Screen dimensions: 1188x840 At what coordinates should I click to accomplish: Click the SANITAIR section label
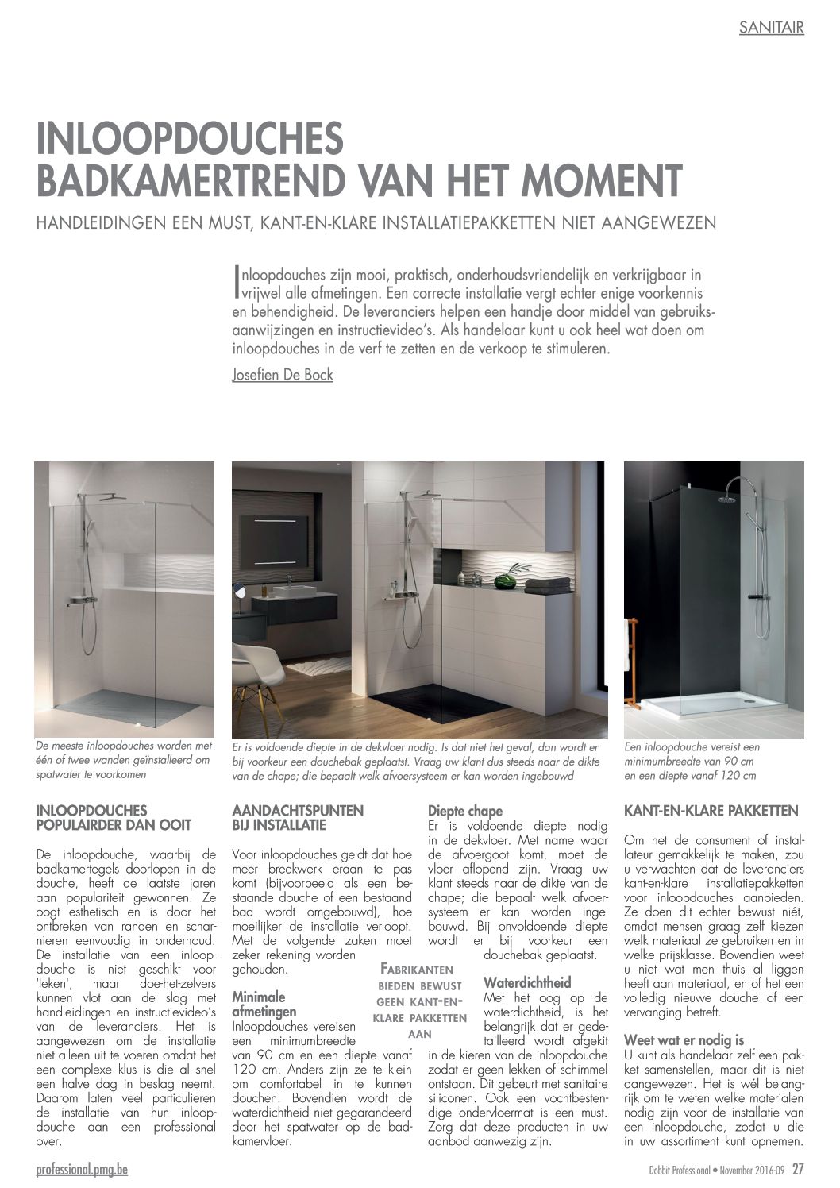[771, 28]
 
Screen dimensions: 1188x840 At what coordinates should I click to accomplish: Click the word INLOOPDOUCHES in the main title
[191, 139]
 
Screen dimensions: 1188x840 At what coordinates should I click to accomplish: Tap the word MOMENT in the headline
[593, 180]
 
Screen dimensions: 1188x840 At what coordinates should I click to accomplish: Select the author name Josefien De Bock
[282, 375]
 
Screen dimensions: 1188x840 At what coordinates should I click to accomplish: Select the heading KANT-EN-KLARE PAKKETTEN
[711, 812]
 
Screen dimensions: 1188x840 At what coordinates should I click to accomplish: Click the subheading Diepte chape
[465, 811]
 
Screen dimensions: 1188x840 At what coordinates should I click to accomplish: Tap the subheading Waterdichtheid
[527, 982]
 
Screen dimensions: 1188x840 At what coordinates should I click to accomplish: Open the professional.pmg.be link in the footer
[82, 1168]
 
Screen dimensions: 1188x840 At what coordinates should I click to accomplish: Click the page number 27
[798, 1168]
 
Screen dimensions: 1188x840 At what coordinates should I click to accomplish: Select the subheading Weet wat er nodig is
[684, 1039]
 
